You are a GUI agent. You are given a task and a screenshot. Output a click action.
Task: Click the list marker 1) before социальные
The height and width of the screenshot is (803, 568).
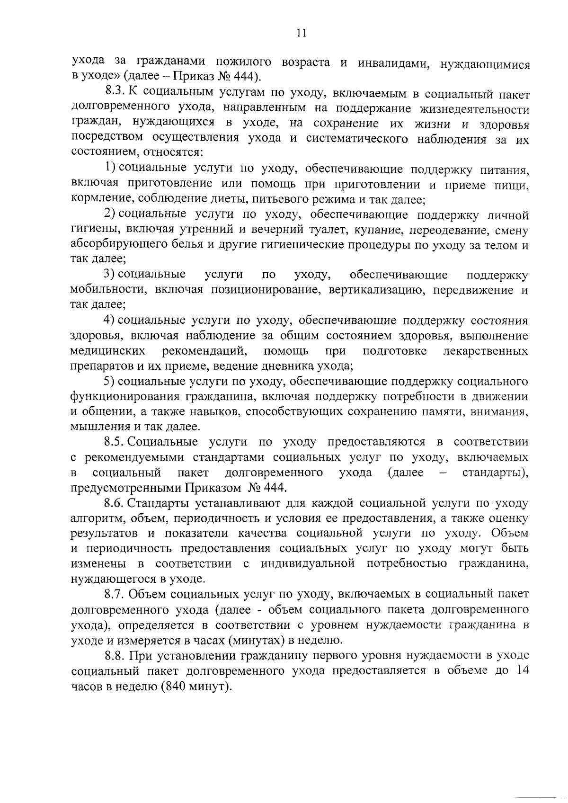point(110,168)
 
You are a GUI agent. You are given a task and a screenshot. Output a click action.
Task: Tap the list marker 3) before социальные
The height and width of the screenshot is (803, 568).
point(110,275)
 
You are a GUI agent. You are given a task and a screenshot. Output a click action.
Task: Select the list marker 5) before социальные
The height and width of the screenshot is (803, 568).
point(110,382)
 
